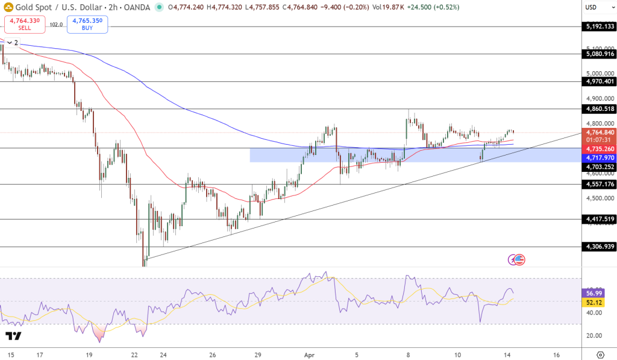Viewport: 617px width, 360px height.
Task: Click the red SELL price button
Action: click(25, 24)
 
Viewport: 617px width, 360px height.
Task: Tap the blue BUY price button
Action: click(87, 24)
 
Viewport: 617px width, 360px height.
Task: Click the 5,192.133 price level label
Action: click(600, 27)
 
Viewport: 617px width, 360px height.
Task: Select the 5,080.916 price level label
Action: click(600, 54)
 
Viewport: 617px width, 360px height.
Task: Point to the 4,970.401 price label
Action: click(600, 81)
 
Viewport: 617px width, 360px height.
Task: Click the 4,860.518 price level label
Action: click(600, 109)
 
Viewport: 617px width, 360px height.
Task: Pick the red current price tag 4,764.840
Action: click(600, 133)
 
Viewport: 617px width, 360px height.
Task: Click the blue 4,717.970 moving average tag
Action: click(600, 157)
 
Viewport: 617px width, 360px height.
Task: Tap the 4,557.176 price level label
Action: click(600, 185)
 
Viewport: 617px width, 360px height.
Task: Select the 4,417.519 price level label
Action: click(600, 219)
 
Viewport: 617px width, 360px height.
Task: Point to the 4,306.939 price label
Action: click(600, 247)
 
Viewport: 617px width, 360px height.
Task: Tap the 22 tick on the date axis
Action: click(134, 355)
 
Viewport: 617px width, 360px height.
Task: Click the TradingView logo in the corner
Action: click(13, 336)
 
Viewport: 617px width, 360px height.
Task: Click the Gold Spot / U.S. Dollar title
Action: click(52, 7)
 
